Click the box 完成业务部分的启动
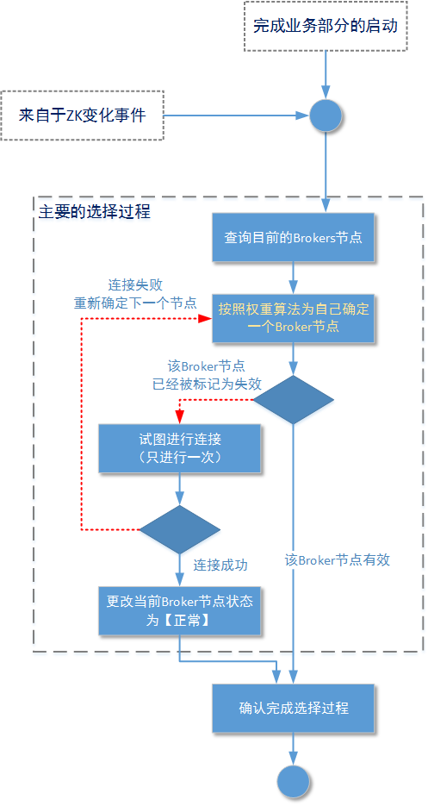click(326, 27)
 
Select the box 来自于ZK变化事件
click(83, 114)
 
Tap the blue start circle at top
click(326, 115)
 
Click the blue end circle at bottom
click(293, 781)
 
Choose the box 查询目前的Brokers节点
click(294, 237)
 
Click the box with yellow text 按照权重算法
click(294, 317)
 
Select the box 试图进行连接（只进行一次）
click(179, 448)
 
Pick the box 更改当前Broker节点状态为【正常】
click(179, 610)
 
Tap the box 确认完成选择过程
click(294, 708)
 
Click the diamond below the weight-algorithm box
click(293, 399)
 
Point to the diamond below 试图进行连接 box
click(179, 529)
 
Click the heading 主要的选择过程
click(95, 211)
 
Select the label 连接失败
click(135, 284)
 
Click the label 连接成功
click(220, 565)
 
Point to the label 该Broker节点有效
click(338, 559)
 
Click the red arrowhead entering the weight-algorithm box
click(205, 317)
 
